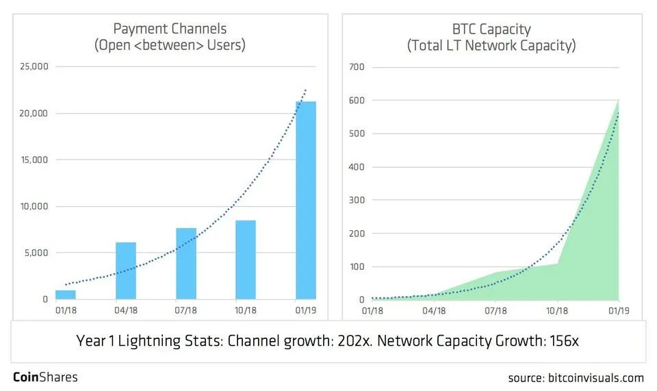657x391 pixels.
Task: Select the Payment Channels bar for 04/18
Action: pos(125,270)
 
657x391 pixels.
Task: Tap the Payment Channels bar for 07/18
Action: pos(185,264)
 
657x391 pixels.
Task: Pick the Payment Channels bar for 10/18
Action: pos(245,260)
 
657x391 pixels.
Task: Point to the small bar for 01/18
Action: pos(65,295)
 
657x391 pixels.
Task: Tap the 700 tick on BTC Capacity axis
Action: pos(357,67)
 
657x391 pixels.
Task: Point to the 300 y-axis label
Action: pos(357,200)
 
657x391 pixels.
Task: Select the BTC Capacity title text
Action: pos(491,29)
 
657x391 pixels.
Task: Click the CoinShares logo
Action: pos(45,377)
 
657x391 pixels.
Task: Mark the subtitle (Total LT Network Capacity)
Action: pos(491,46)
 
